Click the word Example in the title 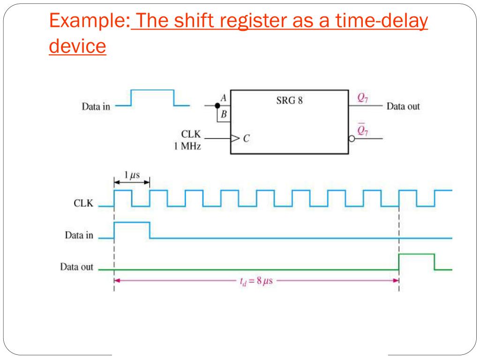pyautogui.click(x=88, y=21)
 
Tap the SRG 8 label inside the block pyautogui.click(x=289, y=100)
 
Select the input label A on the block pyautogui.click(x=224, y=97)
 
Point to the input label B pyautogui.click(x=224, y=113)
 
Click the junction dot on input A pyautogui.click(x=217, y=106)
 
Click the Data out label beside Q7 pyautogui.click(x=403, y=106)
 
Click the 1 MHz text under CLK pyautogui.click(x=188, y=147)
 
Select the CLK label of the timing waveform pyautogui.click(x=83, y=204)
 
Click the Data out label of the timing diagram pyautogui.click(x=76, y=268)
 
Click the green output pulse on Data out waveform pyautogui.click(x=416, y=254)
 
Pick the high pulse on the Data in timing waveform pyautogui.click(x=132, y=222)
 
